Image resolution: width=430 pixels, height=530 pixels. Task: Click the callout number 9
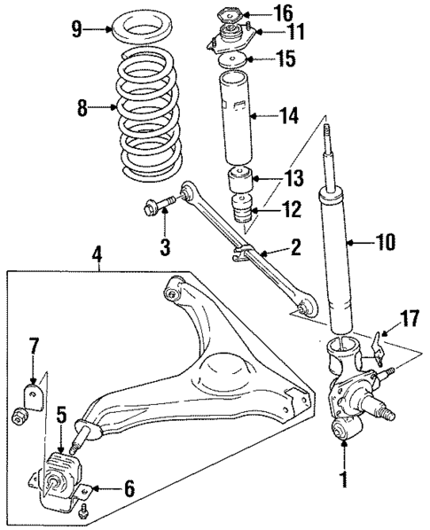(77, 29)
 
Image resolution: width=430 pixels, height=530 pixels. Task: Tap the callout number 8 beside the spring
(82, 109)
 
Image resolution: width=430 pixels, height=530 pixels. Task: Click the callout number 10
(387, 241)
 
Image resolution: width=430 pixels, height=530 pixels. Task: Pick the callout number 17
(409, 317)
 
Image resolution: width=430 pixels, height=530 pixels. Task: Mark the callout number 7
(35, 344)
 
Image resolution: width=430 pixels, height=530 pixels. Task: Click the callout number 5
(60, 413)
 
